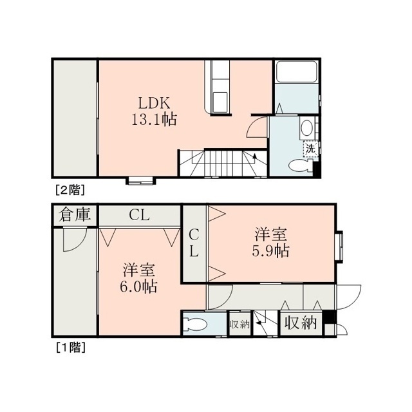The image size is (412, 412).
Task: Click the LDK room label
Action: [x=154, y=103]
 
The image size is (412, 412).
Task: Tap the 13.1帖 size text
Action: [x=154, y=120]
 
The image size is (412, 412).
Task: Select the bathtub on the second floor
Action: [x=297, y=71]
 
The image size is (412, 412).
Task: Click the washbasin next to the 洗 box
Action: [x=306, y=128]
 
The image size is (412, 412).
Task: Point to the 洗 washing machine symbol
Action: [x=310, y=149]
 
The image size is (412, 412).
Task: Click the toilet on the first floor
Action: [x=195, y=323]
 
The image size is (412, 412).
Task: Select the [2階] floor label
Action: [x=70, y=190]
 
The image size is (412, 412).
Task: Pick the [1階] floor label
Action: [x=70, y=348]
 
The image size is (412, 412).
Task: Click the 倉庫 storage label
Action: [x=75, y=214]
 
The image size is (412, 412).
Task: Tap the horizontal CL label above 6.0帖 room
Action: [x=139, y=216]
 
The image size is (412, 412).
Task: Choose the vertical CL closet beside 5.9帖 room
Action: [x=194, y=243]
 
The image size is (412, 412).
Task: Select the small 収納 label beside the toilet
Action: [x=239, y=324]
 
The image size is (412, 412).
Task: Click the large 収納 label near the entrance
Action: [x=301, y=323]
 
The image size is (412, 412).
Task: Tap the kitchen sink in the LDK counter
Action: [x=220, y=102]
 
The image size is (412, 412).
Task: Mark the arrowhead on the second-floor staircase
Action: [x=254, y=156]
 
